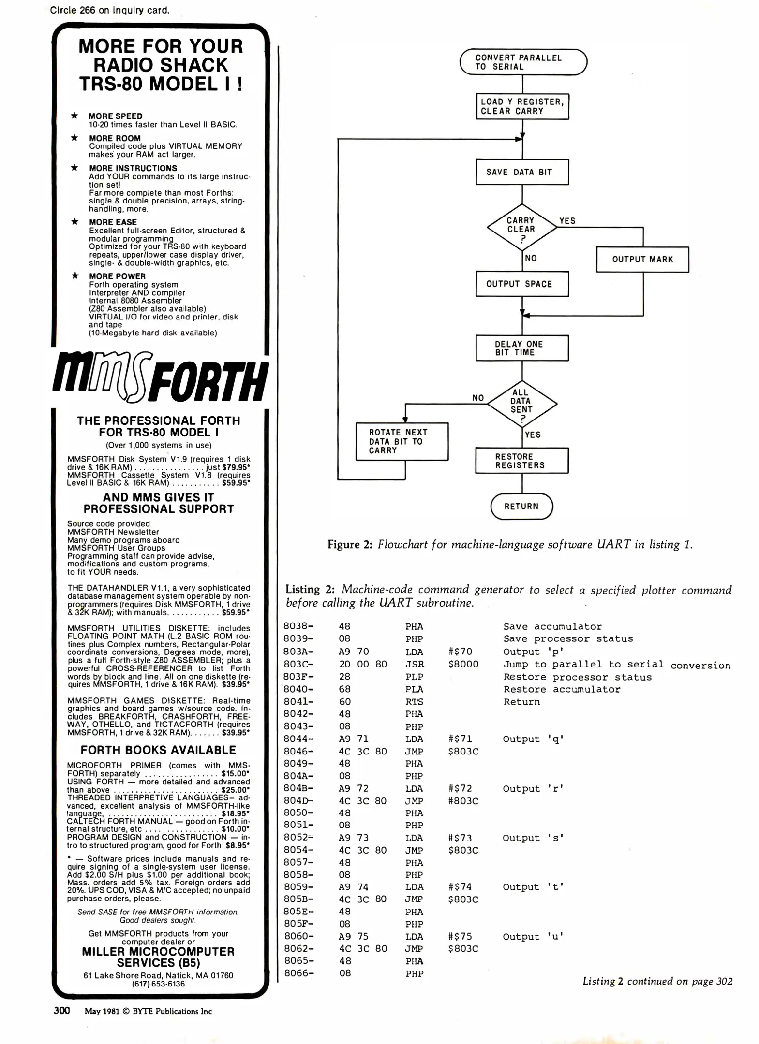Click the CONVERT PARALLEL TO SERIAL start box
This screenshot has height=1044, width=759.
point(523,62)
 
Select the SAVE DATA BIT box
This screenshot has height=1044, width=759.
point(522,172)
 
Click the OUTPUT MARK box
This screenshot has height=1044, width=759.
point(642,260)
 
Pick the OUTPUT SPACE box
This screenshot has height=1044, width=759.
point(522,284)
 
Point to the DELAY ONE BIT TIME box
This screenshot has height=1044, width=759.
point(522,348)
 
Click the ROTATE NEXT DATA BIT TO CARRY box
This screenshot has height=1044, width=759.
point(402,441)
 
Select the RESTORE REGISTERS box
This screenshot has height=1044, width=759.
point(522,461)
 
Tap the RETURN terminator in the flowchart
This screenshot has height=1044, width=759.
point(521,507)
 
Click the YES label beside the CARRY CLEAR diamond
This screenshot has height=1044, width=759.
point(567,221)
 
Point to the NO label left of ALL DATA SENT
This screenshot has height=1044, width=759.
point(478,398)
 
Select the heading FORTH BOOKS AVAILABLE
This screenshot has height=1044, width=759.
point(158,750)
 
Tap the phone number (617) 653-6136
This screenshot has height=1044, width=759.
point(158,984)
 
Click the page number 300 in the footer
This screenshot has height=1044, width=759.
point(62,1011)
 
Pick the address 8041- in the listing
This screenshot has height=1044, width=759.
point(298,702)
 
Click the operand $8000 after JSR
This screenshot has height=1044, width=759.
point(463,664)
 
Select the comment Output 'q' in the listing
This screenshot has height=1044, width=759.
point(533,739)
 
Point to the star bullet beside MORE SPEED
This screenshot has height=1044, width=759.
point(74,116)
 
